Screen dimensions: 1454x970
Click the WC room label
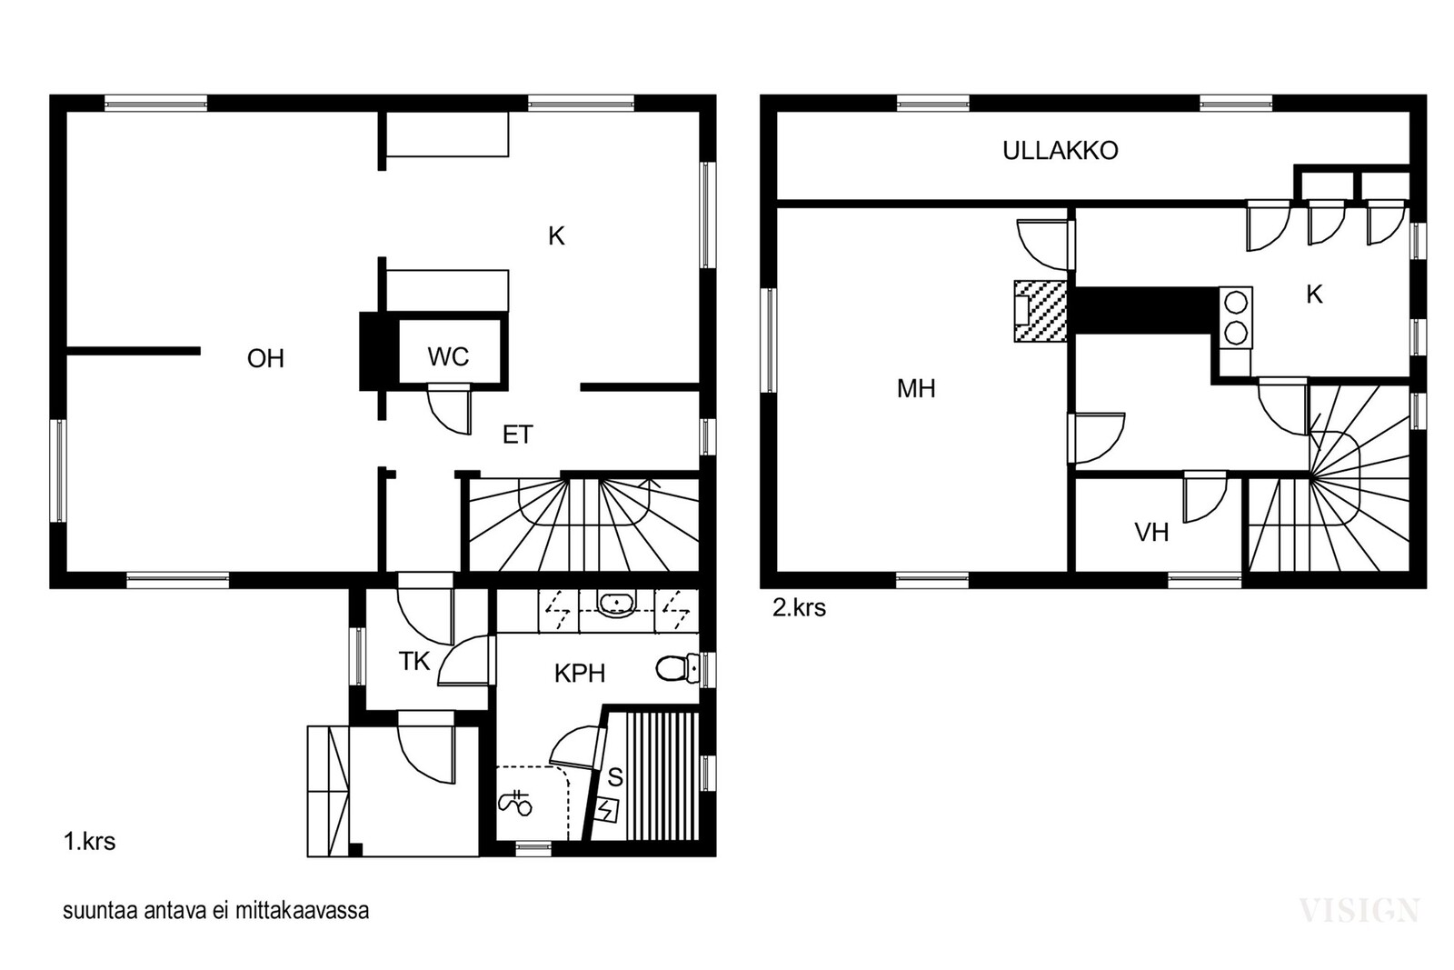[x=448, y=356]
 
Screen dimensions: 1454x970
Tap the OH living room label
[x=265, y=358]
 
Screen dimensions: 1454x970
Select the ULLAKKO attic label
[x=1060, y=151]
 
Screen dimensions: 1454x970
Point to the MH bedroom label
[x=916, y=389]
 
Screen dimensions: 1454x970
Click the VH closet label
[x=1151, y=533]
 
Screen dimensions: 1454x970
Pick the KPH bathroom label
[x=580, y=674]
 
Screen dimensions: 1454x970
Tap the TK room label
[x=414, y=661]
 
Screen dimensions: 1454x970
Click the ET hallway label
[x=517, y=435]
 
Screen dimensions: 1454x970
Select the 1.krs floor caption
[x=90, y=842]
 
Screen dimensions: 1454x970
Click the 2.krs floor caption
[x=799, y=607]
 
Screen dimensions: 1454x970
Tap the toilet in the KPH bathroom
[x=677, y=668]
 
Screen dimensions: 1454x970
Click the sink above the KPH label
[x=617, y=605]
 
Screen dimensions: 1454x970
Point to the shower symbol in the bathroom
[x=515, y=804]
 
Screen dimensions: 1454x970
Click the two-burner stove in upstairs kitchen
[x=1235, y=318]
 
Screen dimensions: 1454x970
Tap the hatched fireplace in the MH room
[x=1041, y=311]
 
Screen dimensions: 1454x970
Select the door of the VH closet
[x=1205, y=497]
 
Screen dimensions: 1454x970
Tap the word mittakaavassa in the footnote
[x=302, y=910]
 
